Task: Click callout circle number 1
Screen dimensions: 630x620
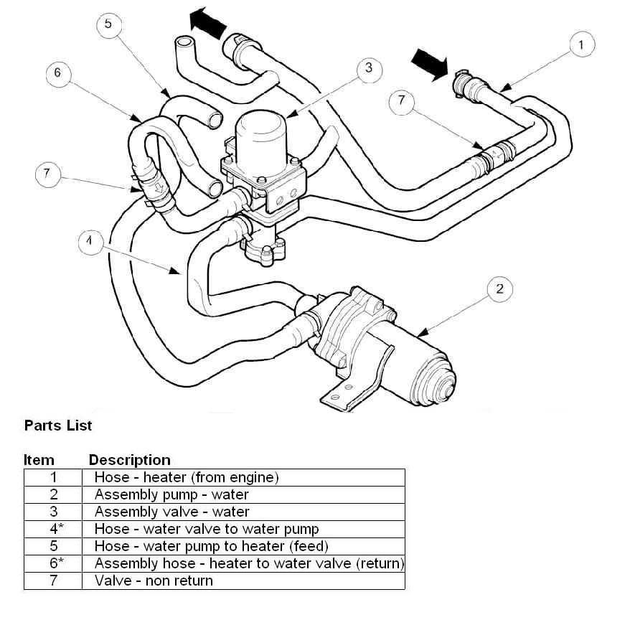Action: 582,44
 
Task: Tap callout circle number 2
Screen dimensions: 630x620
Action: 500,289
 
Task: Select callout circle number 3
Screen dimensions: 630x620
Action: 369,68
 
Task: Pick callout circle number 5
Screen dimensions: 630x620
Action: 108,24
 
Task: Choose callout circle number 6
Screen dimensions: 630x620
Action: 58,72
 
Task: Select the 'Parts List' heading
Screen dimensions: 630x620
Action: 58,426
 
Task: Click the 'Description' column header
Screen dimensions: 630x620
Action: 130,460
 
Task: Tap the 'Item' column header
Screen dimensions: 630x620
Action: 39,460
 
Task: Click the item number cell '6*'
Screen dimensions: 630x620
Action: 53,563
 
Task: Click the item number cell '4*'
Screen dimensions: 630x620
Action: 53,529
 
